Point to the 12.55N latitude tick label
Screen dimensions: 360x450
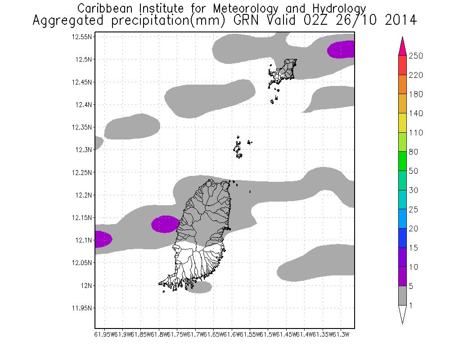(x=82, y=37)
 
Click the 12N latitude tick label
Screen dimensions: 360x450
(x=86, y=285)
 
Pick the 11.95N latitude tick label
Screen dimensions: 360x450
(x=82, y=308)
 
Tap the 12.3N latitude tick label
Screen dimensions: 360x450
(x=84, y=150)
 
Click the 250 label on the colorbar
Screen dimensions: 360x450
(x=416, y=55)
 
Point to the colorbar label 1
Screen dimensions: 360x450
(x=411, y=306)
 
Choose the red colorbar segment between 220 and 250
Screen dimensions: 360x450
(x=402, y=65)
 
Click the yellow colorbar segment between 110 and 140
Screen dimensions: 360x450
(x=402, y=123)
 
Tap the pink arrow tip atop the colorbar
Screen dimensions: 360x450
(x=402, y=45)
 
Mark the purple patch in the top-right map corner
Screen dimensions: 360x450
(x=342, y=49)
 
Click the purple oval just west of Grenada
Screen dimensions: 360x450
(x=165, y=224)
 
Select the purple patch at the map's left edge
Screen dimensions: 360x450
(x=103, y=239)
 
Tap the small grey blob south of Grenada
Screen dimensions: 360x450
(x=199, y=287)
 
